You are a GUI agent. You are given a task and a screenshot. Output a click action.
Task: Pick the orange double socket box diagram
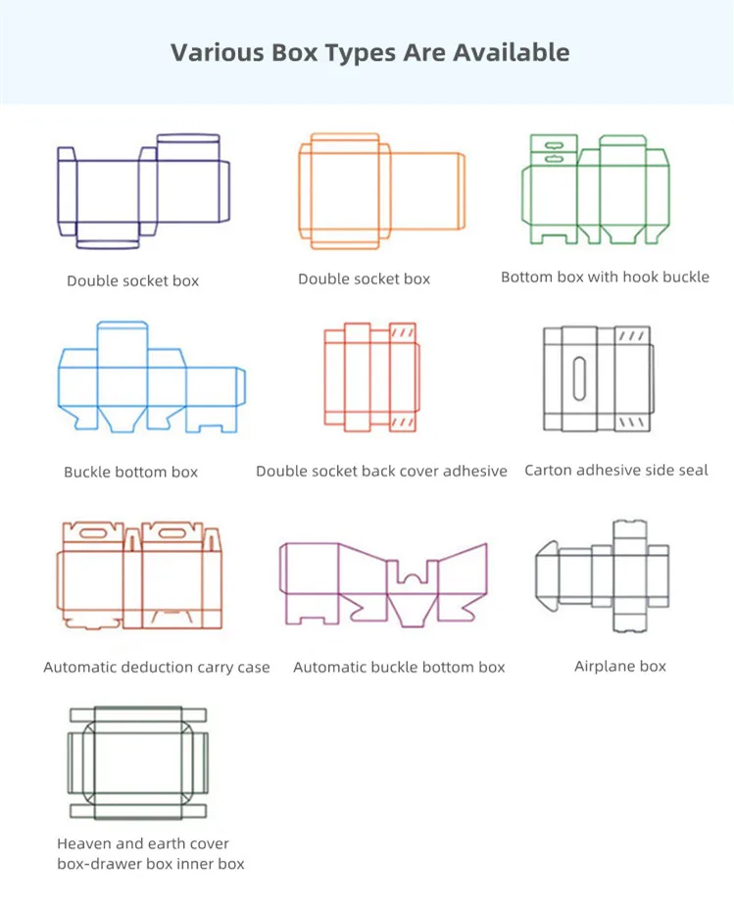coord(378,188)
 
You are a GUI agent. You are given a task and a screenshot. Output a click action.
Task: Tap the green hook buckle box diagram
coord(594,191)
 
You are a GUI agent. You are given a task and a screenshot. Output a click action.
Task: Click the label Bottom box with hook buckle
coord(605,277)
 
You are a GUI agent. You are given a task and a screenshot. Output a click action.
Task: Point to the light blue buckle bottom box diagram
coord(151,377)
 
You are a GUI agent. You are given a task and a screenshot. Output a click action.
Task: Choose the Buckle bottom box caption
coord(130,473)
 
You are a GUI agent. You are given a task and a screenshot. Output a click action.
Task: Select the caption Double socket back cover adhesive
coord(381,472)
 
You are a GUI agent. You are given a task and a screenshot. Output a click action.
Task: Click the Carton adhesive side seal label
coord(616,471)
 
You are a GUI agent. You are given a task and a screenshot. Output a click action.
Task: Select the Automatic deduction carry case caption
coord(157,668)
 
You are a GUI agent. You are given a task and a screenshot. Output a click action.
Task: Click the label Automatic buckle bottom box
coord(399,668)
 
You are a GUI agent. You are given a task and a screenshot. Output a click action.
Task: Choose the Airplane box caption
coord(620,667)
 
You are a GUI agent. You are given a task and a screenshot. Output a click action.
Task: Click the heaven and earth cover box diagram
coord(137,763)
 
